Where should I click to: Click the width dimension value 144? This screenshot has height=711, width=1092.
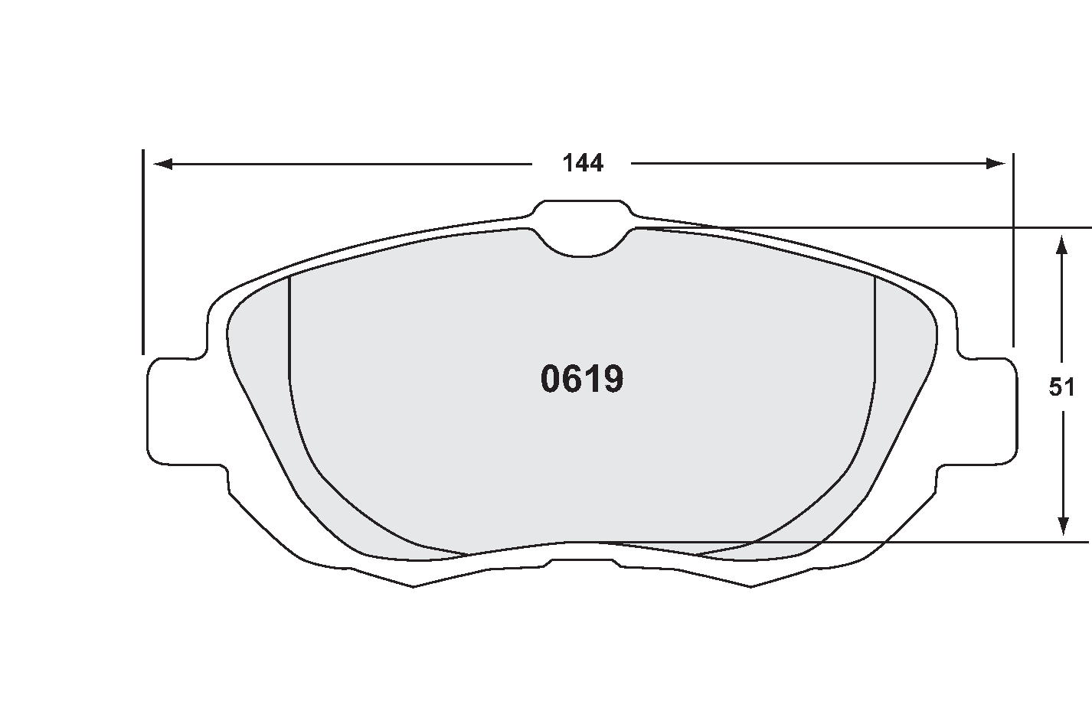click(583, 163)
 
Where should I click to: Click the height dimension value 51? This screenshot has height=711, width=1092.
click(1061, 388)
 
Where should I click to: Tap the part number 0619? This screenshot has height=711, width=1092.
click(582, 379)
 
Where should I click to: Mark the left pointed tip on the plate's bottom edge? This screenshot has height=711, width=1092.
click(414, 585)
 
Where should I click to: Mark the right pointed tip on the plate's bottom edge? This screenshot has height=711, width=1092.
click(751, 585)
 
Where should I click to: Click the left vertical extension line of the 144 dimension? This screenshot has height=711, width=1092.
click(143, 253)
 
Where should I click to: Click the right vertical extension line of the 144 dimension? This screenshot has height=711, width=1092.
click(1013, 253)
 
